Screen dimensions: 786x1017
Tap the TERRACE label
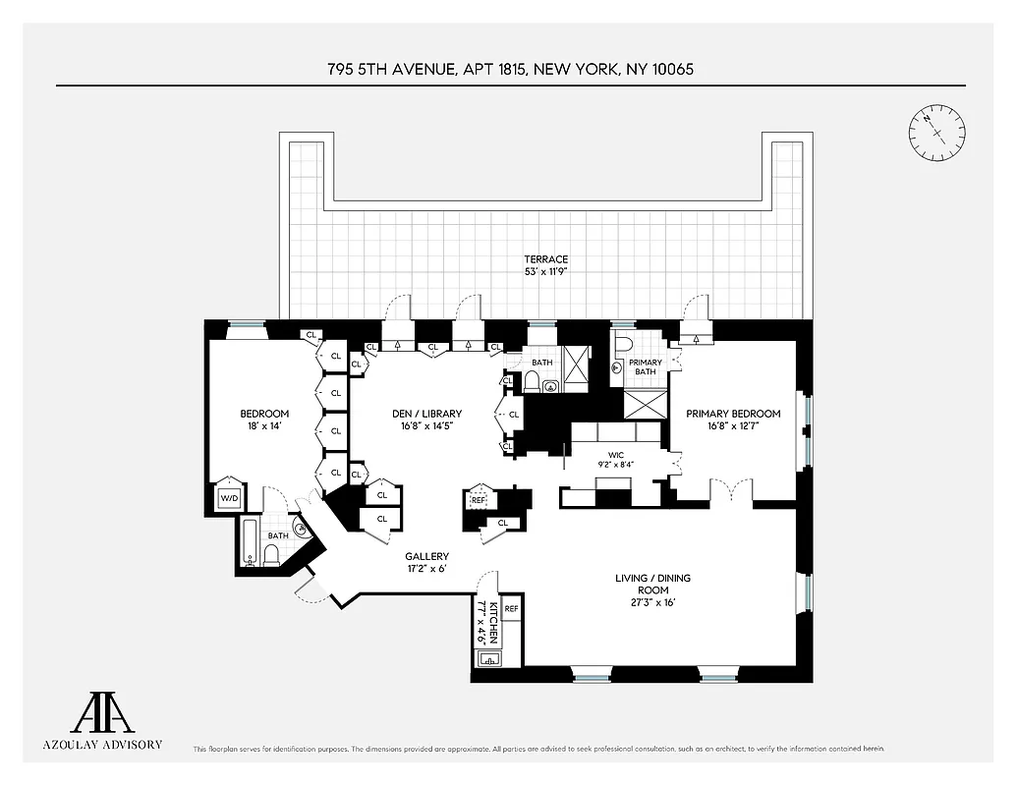545,259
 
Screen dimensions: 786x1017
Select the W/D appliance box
228,498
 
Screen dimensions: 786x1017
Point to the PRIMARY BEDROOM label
733,414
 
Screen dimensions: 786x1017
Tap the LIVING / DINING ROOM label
644,584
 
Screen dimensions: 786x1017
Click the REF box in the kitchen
511,609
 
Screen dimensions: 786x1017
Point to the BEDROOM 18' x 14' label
264,420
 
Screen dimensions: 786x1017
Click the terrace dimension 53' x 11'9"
545,271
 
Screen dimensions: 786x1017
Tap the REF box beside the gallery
479,500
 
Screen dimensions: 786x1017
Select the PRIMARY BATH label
646,367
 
